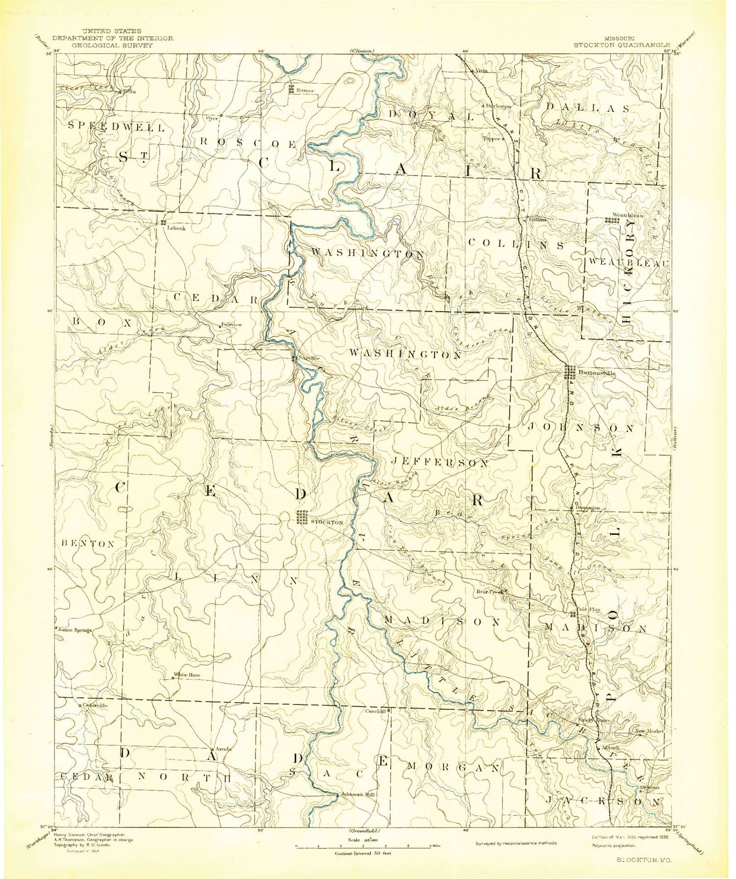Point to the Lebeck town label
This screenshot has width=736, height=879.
pyautogui.click(x=176, y=228)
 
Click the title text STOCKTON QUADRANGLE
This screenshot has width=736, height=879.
pyautogui.click(x=622, y=45)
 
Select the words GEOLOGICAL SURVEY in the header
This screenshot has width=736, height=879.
pyautogui.click(x=113, y=45)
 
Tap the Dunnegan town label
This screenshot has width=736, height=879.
pyautogui.click(x=588, y=508)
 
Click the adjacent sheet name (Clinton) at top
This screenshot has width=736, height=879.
pyautogui.click(x=363, y=50)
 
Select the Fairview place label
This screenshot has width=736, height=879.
pyautogui.click(x=232, y=325)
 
